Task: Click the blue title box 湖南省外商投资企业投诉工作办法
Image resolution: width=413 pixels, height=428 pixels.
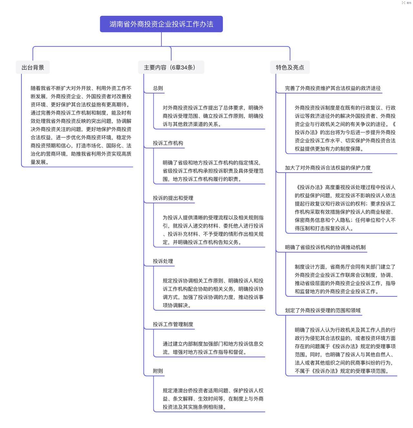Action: click(161, 24)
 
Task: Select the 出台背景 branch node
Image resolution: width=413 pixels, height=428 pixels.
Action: click(33, 67)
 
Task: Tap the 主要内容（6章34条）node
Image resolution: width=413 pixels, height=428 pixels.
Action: click(171, 67)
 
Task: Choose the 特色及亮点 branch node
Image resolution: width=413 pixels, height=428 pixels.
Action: click(290, 67)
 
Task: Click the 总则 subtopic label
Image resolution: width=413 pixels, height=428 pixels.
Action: click(158, 88)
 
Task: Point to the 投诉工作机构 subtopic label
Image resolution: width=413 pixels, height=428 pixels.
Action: click(168, 143)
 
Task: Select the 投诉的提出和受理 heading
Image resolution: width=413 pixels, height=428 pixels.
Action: click(173, 198)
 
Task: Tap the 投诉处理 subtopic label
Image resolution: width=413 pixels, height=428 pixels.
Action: click(163, 261)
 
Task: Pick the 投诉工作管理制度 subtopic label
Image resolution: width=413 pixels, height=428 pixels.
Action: click(173, 324)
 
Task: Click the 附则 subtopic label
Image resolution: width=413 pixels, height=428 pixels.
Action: click(158, 371)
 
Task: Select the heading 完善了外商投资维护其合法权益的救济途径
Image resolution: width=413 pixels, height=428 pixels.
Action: click(333, 88)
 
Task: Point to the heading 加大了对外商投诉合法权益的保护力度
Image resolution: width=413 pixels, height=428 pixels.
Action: click(328, 168)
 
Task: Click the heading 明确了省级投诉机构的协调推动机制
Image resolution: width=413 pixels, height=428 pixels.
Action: click(325, 247)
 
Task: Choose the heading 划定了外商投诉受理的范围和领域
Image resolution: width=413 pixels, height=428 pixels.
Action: click(323, 310)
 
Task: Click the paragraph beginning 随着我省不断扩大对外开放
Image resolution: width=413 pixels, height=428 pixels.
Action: click(81, 125)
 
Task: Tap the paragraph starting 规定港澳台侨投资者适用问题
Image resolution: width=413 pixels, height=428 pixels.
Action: click(213, 399)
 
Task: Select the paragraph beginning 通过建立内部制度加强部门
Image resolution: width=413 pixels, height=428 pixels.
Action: click(213, 348)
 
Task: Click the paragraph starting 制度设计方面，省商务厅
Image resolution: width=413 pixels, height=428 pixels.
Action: click(345, 279)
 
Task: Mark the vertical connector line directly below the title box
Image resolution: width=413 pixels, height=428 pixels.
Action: click(161, 39)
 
